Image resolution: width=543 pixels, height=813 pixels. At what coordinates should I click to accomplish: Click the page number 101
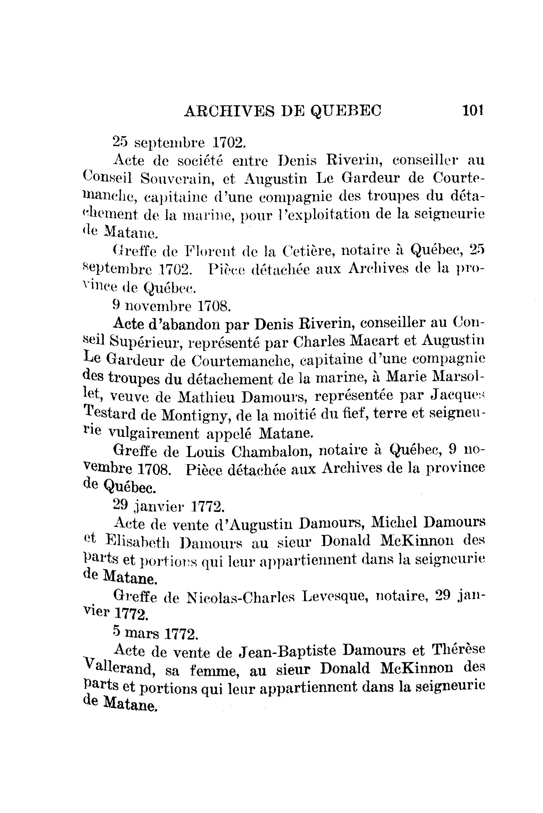pyautogui.click(x=472, y=110)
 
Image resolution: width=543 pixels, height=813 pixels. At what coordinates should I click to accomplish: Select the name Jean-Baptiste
pyautogui.click(x=288, y=651)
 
